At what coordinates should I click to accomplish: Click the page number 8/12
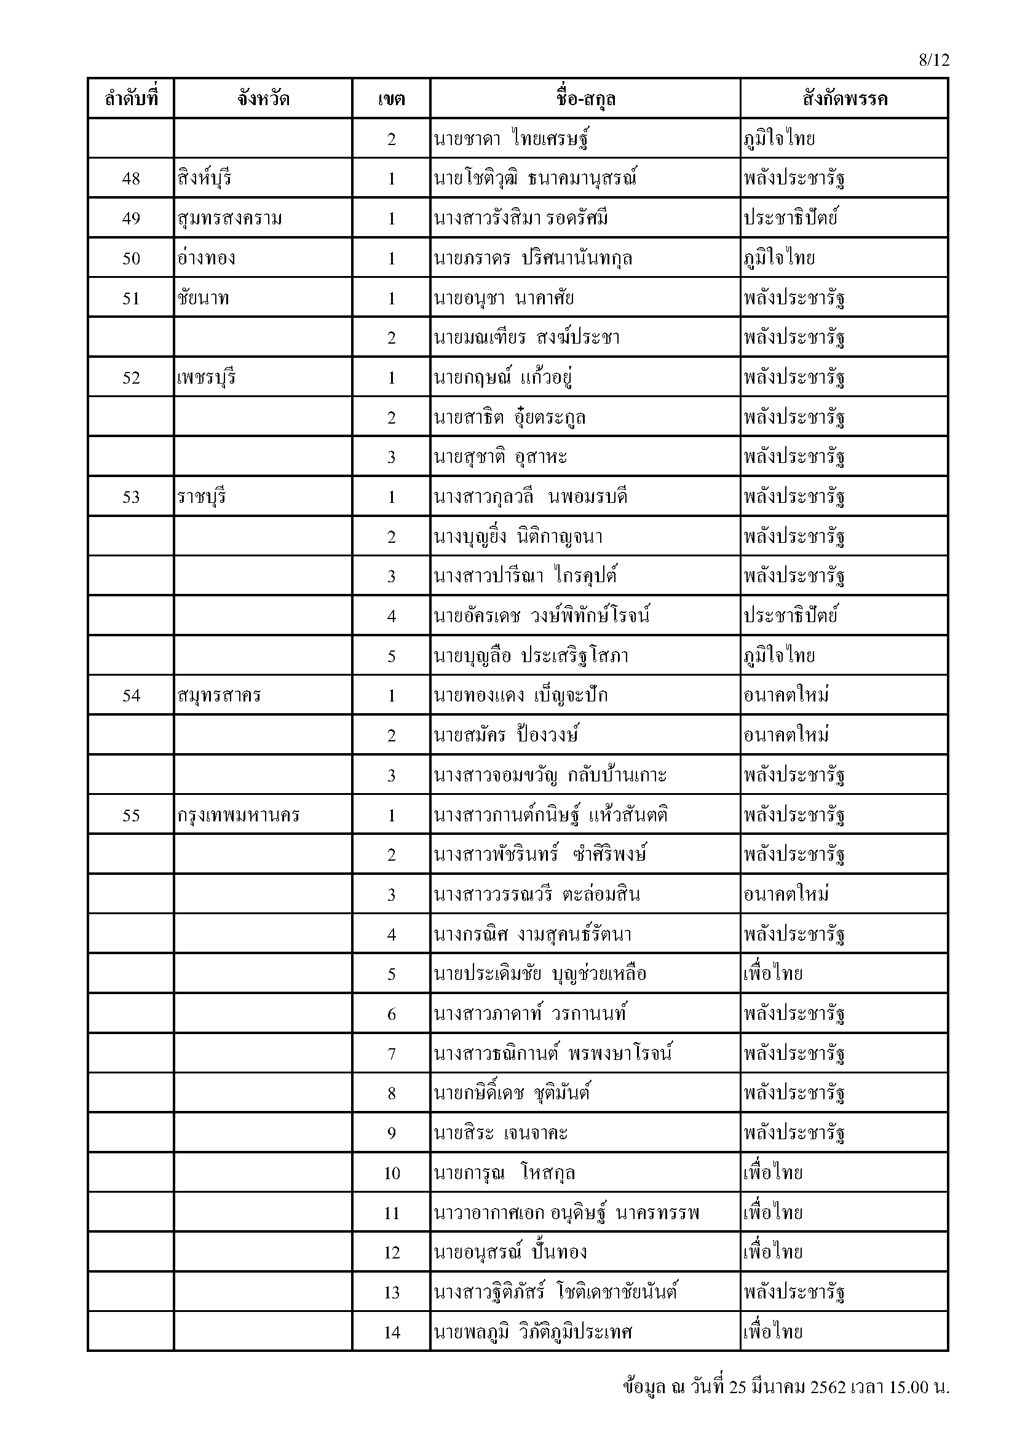click(x=934, y=60)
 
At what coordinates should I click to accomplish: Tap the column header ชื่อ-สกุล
click(x=585, y=99)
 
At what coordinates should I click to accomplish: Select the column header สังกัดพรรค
click(x=844, y=99)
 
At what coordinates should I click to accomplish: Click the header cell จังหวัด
click(x=263, y=99)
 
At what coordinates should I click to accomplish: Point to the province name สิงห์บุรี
click(x=205, y=178)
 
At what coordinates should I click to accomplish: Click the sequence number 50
click(x=131, y=258)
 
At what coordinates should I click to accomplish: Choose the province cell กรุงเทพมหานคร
click(x=239, y=815)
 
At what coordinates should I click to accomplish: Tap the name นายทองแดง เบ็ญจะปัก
click(x=520, y=696)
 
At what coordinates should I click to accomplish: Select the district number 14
click(x=392, y=1333)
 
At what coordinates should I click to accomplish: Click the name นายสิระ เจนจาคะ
click(x=501, y=1134)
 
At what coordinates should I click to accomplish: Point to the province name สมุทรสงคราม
click(x=230, y=219)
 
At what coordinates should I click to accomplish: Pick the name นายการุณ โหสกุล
click(x=504, y=1173)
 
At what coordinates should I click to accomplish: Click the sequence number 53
click(x=131, y=497)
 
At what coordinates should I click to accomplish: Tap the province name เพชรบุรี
click(x=207, y=377)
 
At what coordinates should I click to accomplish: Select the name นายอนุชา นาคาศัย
click(x=504, y=298)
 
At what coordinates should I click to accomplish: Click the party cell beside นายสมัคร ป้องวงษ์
click(x=786, y=735)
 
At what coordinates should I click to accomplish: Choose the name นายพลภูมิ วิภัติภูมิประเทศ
click(x=533, y=1333)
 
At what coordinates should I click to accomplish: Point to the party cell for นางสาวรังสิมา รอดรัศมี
click(x=791, y=219)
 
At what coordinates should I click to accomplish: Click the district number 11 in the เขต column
click(x=392, y=1213)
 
